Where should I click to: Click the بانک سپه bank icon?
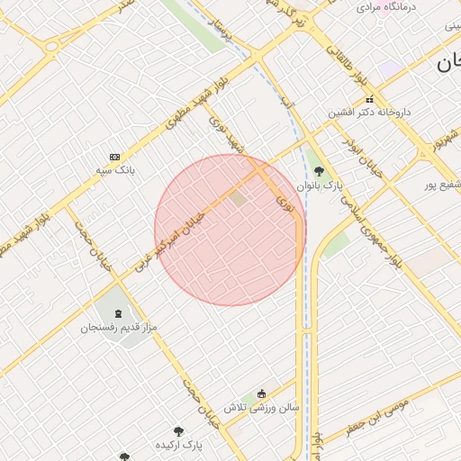pos(114,156)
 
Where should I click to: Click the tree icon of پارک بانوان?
pos(319,170)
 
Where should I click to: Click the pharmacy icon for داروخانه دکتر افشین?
pos(368,99)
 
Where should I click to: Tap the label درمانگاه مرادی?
pos(386,6)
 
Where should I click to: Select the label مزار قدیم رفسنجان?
pos(120,327)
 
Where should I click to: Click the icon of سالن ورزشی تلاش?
pos(261,393)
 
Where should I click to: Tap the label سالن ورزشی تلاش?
pos(261,407)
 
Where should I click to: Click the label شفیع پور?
pos(442,185)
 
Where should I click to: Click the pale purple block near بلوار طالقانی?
pos(389,68)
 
